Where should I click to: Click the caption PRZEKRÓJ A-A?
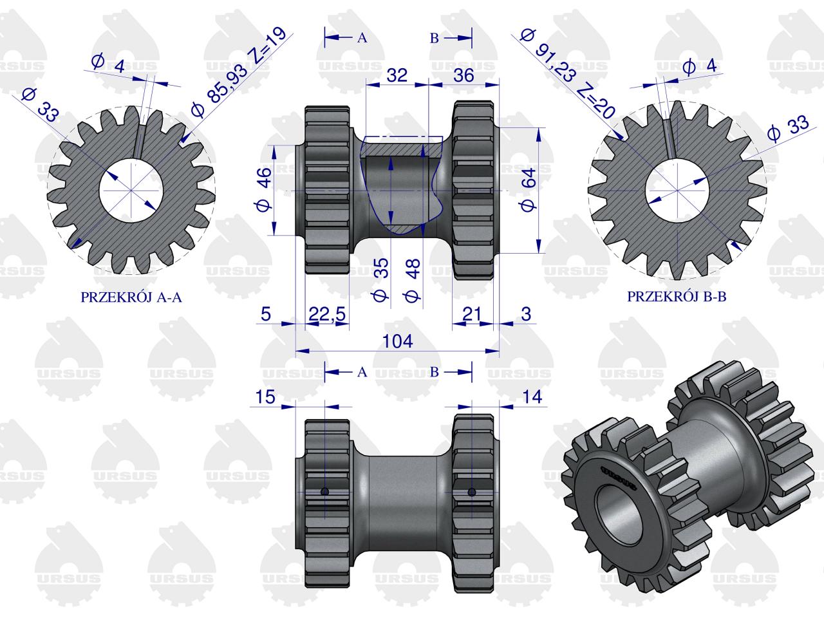click(131, 297)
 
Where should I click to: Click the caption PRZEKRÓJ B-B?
click(677, 296)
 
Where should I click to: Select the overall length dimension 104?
click(397, 341)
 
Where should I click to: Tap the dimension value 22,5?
click(326, 314)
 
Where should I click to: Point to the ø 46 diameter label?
click(265, 189)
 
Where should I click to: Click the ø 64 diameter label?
click(529, 189)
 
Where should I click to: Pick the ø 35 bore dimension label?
click(380, 279)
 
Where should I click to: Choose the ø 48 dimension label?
click(413, 280)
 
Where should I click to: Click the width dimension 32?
click(397, 75)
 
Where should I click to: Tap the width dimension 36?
click(464, 75)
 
